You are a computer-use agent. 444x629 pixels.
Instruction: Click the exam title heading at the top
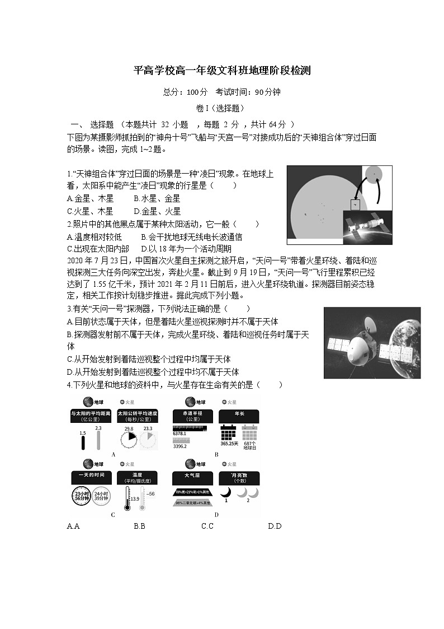222,71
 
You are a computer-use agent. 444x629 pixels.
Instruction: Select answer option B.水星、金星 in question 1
157,198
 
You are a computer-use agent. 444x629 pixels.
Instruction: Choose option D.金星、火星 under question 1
157,211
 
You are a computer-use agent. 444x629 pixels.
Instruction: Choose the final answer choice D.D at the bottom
275,526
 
